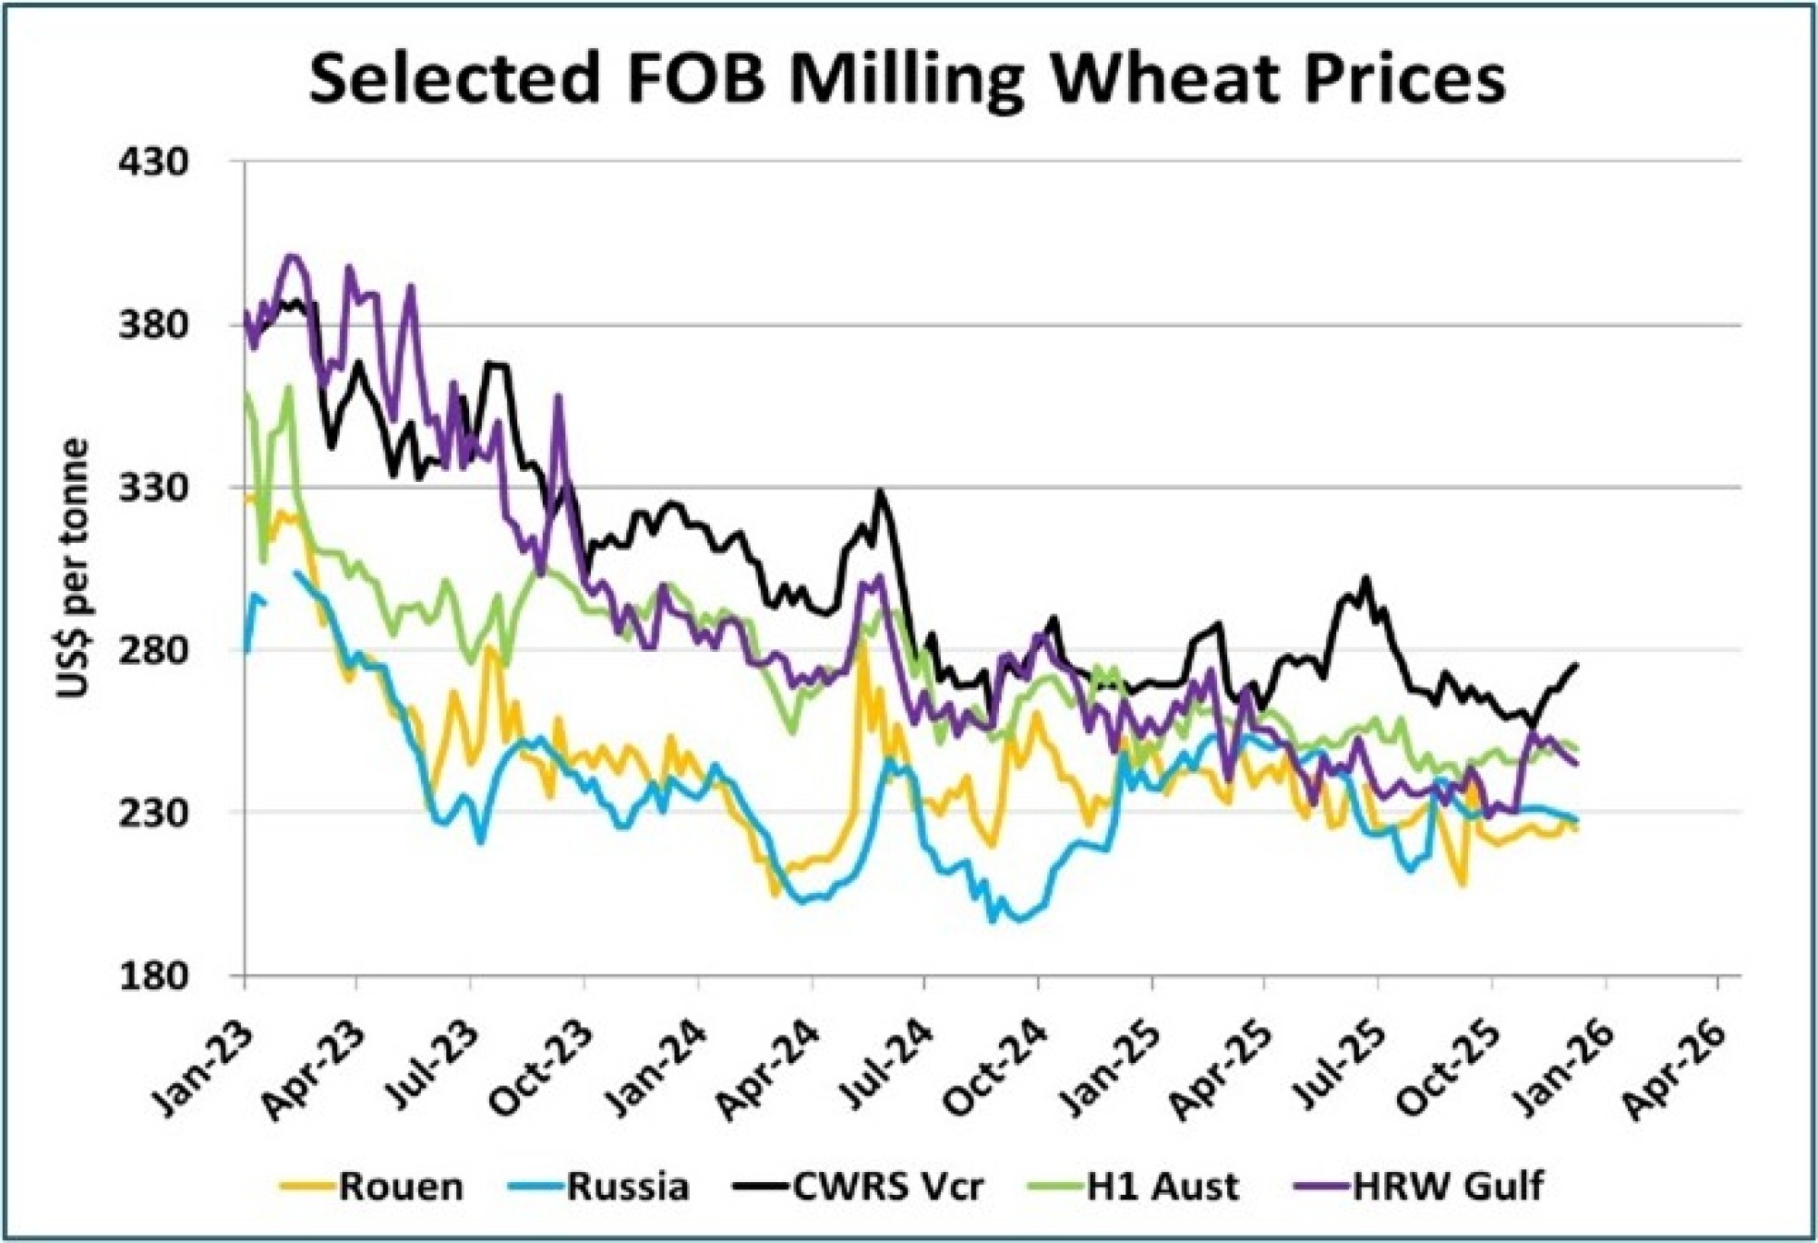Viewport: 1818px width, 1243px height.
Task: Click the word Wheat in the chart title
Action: (1166, 78)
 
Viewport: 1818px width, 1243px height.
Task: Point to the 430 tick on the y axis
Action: (154, 163)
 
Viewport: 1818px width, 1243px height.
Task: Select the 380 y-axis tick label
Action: (154, 326)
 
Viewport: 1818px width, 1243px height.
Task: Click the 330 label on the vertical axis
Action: (154, 488)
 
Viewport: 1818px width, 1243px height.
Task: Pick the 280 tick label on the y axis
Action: (154, 651)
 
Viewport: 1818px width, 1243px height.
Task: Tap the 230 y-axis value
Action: (154, 813)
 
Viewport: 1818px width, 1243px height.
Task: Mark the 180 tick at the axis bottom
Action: (154, 976)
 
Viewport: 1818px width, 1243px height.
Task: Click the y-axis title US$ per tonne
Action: (73, 568)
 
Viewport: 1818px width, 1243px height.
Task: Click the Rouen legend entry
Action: (400, 1187)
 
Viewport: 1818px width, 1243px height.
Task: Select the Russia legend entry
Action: (627, 1187)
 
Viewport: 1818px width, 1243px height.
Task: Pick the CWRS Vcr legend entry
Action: (887, 1187)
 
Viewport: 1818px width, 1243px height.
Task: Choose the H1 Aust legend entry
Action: (1162, 1187)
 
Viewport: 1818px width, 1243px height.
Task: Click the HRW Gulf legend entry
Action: (1447, 1187)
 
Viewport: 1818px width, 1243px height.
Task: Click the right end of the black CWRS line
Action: (1576, 665)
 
